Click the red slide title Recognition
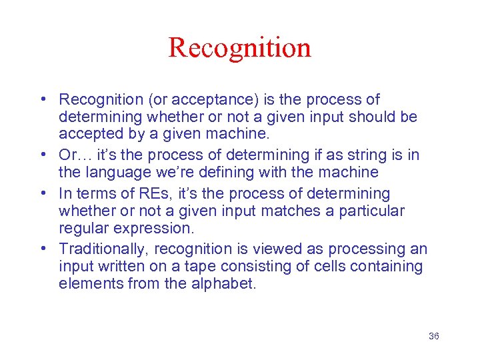point(239,48)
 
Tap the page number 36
point(433,336)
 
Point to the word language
point(113,173)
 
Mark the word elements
point(87,284)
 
